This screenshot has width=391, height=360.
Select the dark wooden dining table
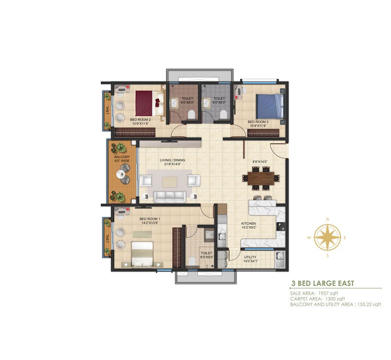(261, 179)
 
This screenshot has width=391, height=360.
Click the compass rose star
(327, 237)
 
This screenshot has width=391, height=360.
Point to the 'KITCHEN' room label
(249, 223)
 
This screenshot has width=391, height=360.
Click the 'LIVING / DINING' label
(172, 160)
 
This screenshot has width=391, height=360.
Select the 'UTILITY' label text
(250, 257)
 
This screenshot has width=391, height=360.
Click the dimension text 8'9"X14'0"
(260, 162)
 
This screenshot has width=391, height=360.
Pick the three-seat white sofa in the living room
(169, 197)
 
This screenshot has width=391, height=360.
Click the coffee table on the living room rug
(169, 182)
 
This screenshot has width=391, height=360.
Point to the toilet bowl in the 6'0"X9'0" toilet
(192, 262)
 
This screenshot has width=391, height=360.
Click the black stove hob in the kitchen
(281, 226)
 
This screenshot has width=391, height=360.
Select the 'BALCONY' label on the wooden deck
(122, 157)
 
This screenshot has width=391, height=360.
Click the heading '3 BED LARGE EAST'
(323, 283)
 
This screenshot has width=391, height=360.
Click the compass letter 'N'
(328, 219)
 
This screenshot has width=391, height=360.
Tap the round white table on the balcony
(121, 174)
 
